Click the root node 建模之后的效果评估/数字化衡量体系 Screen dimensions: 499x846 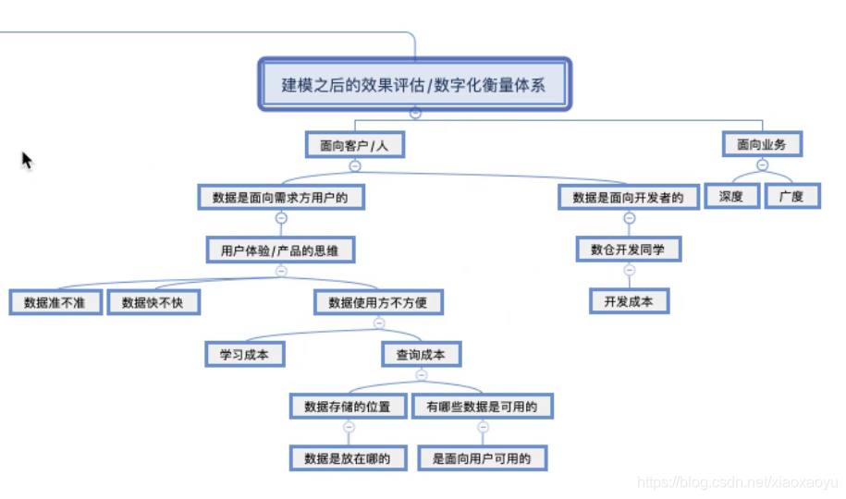[413, 86]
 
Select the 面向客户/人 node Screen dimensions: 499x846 [355, 145]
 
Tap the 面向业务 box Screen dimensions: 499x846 [762, 144]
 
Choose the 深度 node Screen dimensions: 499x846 [731, 196]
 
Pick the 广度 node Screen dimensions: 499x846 [791, 196]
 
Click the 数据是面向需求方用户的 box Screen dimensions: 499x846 [280, 197]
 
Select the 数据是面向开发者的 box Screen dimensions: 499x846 [628, 197]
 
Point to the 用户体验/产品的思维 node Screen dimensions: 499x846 [280, 249]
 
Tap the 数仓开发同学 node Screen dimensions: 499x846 [629, 249]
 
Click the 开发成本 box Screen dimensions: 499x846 [629, 301]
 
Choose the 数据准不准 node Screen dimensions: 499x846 [55, 302]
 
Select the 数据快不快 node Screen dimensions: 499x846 [153, 302]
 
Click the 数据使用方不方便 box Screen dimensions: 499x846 [377, 302]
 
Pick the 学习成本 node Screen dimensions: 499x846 [244, 354]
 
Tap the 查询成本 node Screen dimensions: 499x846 [421, 354]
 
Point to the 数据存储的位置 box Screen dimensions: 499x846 [348, 406]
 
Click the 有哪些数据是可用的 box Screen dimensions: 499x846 [482, 406]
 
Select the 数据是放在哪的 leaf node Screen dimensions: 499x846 [348, 457]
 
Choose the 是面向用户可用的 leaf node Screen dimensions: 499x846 [482, 457]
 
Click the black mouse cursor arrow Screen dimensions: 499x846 [26, 159]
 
